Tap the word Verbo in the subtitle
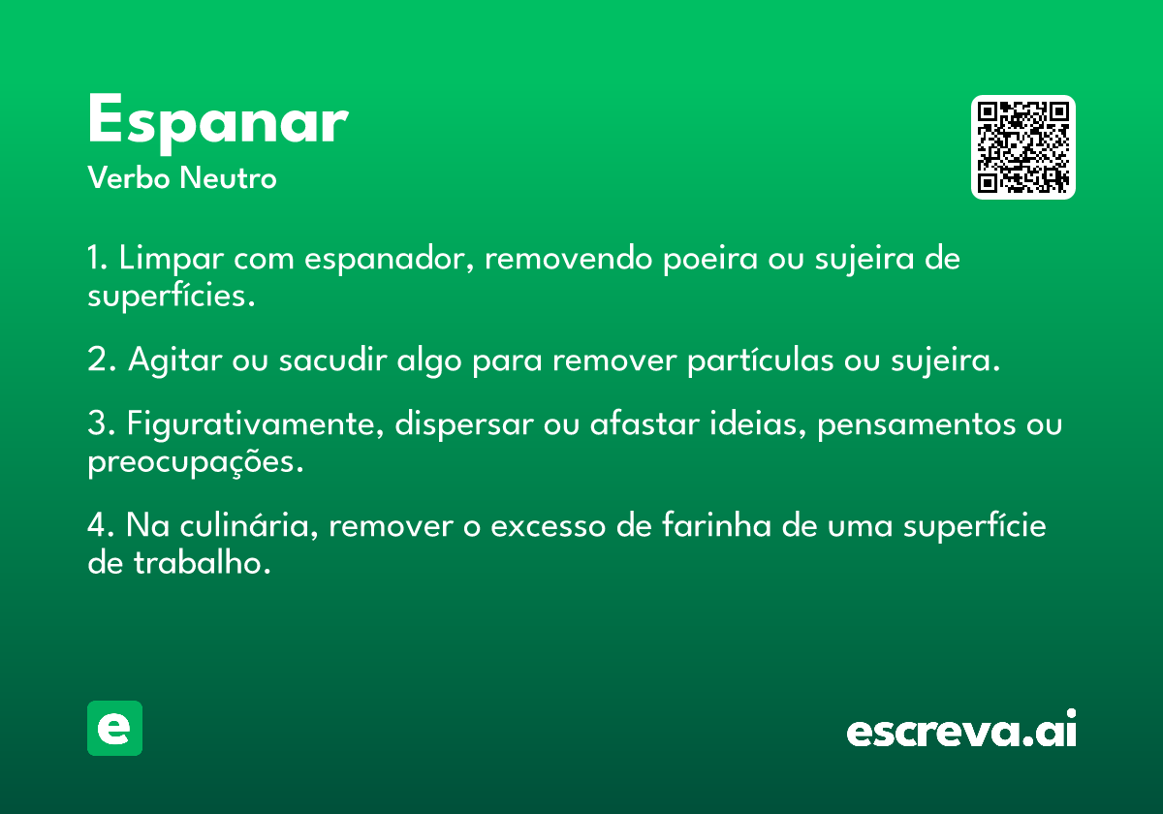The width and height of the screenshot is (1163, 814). click(x=129, y=178)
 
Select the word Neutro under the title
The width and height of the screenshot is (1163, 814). click(x=228, y=178)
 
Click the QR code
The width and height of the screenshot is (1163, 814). click(x=1022, y=147)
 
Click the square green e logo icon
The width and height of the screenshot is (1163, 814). click(x=114, y=728)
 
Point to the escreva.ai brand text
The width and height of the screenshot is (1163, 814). click(x=961, y=729)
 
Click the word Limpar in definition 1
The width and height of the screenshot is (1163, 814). click(x=172, y=259)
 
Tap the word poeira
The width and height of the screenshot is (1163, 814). click(x=710, y=259)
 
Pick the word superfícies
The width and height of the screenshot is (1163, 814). click(x=172, y=296)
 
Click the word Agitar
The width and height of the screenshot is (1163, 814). click(x=175, y=360)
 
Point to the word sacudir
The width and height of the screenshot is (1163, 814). click(x=332, y=360)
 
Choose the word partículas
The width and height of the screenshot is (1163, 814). click(x=761, y=360)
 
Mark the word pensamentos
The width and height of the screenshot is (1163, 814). click(x=917, y=423)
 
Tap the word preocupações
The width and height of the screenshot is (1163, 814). click(x=195, y=461)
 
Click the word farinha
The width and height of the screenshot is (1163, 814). click(x=716, y=525)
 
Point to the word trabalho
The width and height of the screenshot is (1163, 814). click(x=202, y=563)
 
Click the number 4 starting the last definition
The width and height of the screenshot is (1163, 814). click(x=98, y=525)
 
